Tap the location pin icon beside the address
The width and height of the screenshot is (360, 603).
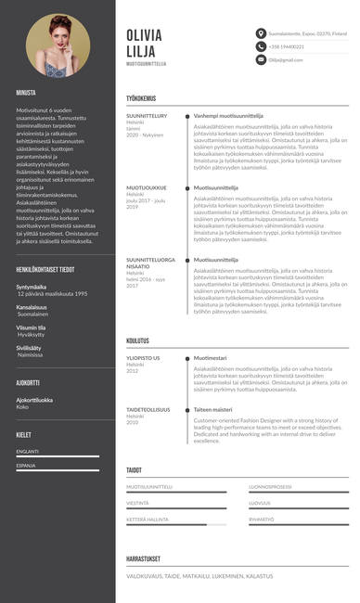(x=262, y=33)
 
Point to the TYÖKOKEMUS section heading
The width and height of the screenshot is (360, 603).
(x=141, y=97)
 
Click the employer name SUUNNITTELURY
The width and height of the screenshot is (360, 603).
(x=147, y=116)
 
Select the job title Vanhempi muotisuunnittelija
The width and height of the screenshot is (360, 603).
(x=228, y=116)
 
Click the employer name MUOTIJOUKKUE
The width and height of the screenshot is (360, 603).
(x=147, y=187)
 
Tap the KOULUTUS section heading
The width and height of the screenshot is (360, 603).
(x=138, y=340)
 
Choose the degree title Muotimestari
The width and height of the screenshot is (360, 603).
(x=210, y=357)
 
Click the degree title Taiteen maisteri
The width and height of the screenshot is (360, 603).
(x=212, y=409)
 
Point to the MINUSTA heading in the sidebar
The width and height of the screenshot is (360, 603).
(x=26, y=93)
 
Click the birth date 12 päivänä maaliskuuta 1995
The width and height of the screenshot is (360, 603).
(x=52, y=293)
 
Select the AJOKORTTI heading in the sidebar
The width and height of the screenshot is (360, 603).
(x=28, y=382)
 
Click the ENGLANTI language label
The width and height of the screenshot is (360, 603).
(x=27, y=452)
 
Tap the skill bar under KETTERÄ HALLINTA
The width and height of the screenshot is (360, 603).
(x=176, y=525)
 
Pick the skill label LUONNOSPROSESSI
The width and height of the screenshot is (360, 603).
(x=271, y=486)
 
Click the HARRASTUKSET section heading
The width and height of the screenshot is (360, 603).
(x=144, y=558)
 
